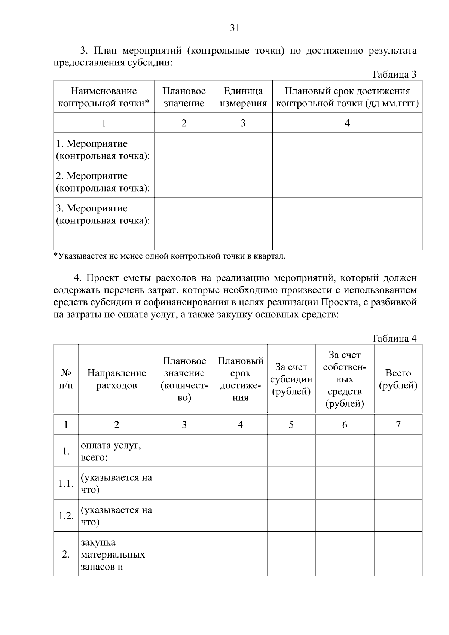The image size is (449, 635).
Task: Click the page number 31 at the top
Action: pos(235,28)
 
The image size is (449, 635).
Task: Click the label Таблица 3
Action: pos(394,74)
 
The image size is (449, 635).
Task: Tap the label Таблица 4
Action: pos(394,338)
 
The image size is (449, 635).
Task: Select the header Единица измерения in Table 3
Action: pos(243,97)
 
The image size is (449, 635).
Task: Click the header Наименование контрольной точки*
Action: pos(104,97)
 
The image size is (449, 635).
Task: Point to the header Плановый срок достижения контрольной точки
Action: pos(347,97)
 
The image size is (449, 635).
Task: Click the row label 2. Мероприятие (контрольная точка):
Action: pos(103,182)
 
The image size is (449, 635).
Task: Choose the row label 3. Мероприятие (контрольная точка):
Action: pos(103,214)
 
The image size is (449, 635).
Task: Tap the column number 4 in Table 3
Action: pos(347,123)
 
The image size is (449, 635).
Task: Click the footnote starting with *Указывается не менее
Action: pos(169,256)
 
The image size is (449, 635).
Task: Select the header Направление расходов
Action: pos(116,379)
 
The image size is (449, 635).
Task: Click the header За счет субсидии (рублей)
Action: pos(291,379)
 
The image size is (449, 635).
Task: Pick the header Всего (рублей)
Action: pos(398,379)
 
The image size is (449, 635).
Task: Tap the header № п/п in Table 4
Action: pos(66,379)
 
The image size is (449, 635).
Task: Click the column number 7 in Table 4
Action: pos(398,424)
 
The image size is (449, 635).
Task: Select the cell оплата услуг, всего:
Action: pos(111,451)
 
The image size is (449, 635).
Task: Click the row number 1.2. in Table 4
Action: pos(66,516)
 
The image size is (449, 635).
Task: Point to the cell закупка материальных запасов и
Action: pos(112,554)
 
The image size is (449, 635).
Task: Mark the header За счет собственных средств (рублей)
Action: pos(345,379)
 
